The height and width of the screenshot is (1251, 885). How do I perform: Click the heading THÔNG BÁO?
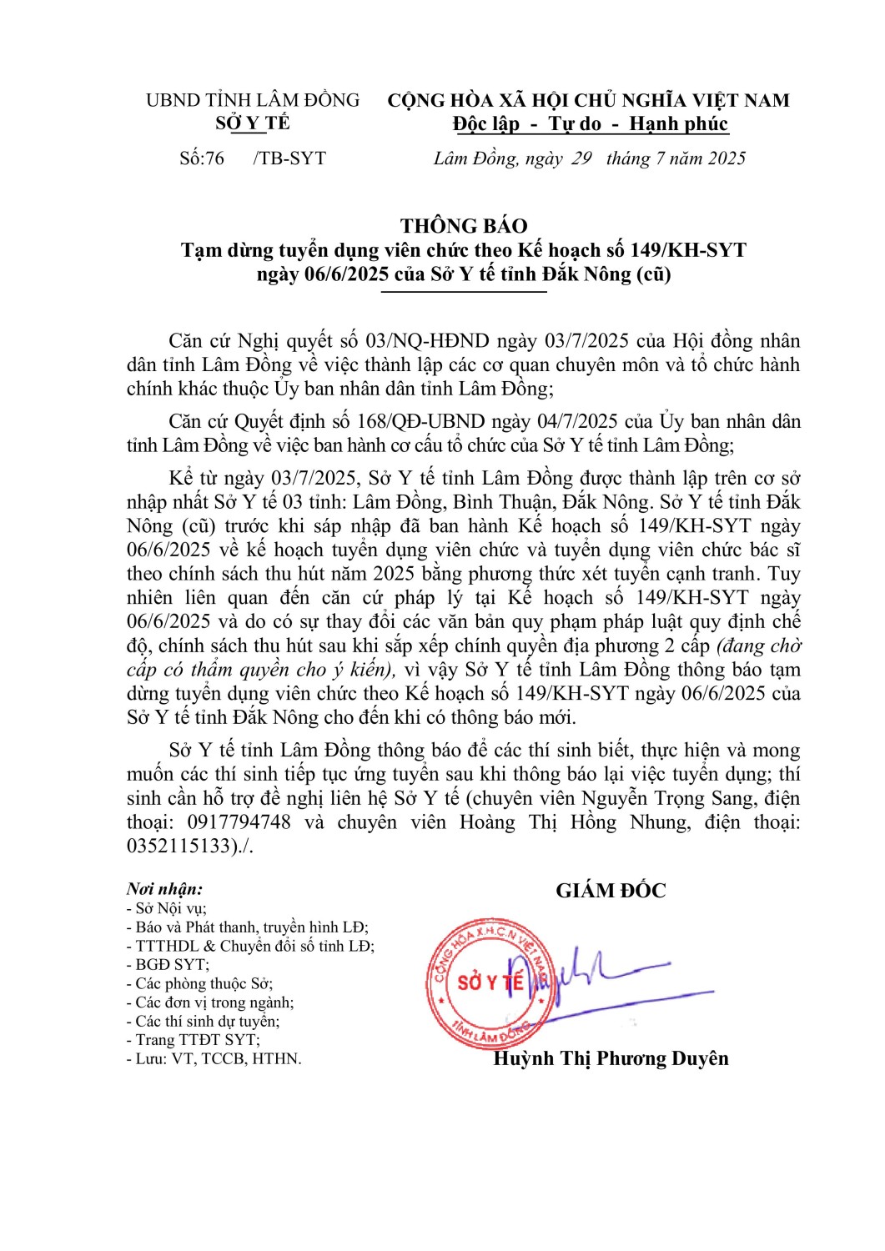[x=463, y=226]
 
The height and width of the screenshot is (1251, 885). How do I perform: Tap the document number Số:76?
[x=202, y=158]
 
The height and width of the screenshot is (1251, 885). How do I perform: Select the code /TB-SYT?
[x=289, y=158]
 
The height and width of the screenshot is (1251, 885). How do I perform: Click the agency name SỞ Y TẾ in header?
[x=253, y=123]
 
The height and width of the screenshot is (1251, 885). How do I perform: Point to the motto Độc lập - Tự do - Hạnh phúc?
[x=591, y=124]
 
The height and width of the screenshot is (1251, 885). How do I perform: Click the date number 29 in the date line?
[x=581, y=158]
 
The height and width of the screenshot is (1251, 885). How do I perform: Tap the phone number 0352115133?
[x=179, y=846]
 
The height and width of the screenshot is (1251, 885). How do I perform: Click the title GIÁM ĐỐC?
[x=611, y=891]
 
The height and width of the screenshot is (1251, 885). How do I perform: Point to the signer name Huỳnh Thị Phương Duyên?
[x=611, y=1058]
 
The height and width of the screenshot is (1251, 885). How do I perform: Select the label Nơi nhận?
[x=164, y=889]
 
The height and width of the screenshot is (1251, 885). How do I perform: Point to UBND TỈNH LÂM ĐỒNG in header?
[x=253, y=100]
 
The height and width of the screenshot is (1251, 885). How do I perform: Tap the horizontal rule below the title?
[x=464, y=292]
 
